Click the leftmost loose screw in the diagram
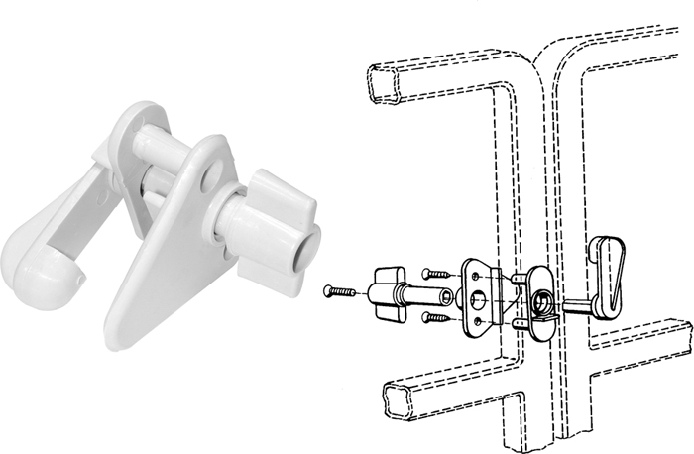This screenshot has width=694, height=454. (x=341, y=291)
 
